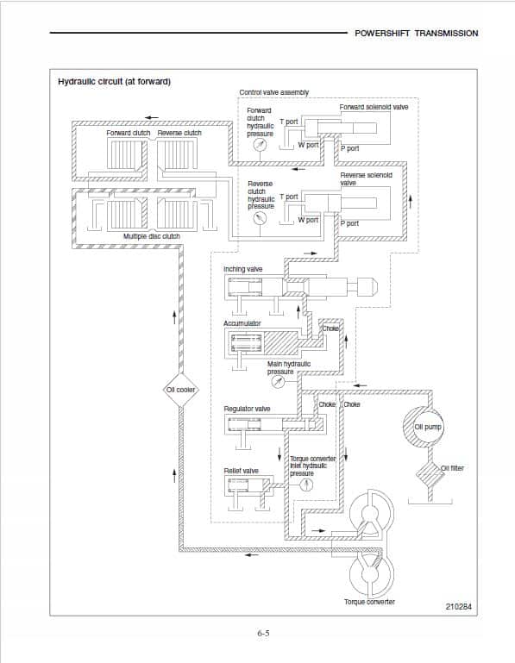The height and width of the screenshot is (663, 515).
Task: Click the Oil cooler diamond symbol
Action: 181,390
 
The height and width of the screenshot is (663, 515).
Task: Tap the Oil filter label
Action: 452,468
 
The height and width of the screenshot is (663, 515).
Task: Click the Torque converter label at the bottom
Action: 369,602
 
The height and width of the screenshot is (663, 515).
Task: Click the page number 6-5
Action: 263,634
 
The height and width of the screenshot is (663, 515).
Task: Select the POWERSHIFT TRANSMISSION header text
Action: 416,33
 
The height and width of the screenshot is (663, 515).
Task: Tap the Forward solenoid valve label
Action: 374,107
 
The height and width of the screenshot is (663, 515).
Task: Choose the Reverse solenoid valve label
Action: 366,178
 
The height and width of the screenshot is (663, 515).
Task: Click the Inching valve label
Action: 243,269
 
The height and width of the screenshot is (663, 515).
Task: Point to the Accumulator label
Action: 242,323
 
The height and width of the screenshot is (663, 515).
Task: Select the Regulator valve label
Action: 247,409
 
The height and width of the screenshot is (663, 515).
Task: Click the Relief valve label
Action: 242,471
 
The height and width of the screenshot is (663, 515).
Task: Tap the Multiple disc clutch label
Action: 151,235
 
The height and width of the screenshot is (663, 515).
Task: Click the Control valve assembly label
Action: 273,92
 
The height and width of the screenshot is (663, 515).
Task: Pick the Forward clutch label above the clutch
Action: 129,133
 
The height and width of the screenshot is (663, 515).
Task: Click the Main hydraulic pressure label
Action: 289,367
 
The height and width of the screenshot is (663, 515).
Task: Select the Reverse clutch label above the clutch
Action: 179,133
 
